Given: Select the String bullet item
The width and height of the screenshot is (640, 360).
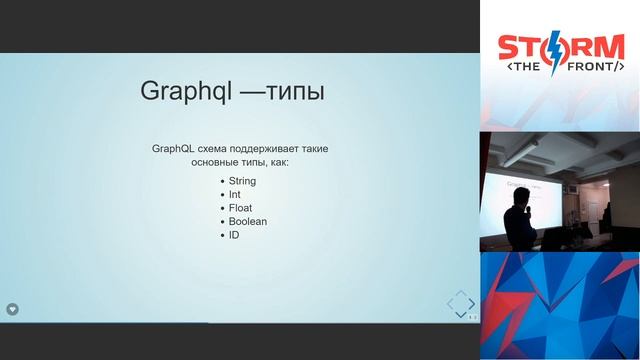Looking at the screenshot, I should point(242,181).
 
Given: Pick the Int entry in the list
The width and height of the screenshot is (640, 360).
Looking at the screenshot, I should point(235,194).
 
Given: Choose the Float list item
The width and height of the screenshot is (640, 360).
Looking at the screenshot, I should point(240,208).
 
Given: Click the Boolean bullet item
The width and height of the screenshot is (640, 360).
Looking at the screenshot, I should point(247,221).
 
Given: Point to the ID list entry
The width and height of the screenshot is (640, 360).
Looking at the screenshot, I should point(234,235).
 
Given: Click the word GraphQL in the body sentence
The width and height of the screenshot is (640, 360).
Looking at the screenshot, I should point(172,148).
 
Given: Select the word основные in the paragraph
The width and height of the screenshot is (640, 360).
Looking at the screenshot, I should point(216,161).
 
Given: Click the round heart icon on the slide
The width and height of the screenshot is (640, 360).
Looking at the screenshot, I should point(13,309).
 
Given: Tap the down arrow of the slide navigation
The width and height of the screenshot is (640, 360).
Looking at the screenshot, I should point(461,314).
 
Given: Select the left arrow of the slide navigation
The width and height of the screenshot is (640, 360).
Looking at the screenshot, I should point(448,302).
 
